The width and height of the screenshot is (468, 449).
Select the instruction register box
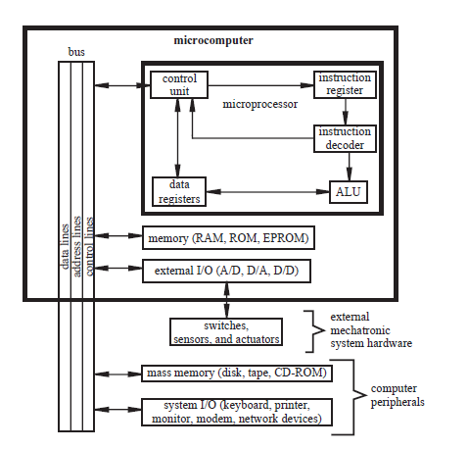coord(344,84)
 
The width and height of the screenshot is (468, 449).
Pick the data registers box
coord(177,191)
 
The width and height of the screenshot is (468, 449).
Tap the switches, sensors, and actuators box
coord(225,332)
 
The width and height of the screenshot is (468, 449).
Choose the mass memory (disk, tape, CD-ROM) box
coord(235,374)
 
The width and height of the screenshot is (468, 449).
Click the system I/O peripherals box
coord(235,412)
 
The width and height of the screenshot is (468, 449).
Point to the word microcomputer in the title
coord(212,40)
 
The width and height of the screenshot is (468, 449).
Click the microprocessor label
coord(260,103)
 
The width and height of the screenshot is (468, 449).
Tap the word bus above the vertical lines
coord(75,50)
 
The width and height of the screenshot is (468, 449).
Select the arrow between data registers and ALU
coord(264,192)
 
